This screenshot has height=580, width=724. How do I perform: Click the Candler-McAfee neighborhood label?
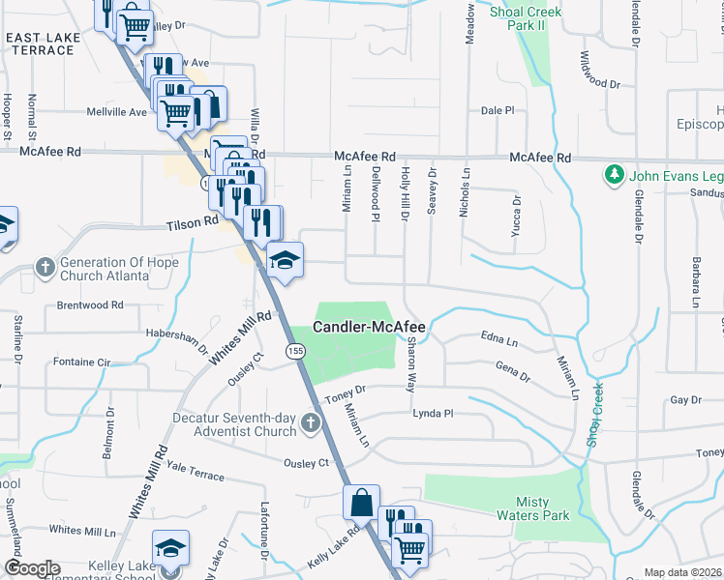[x=369, y=328]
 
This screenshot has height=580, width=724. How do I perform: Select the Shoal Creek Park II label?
[x=526, y=18]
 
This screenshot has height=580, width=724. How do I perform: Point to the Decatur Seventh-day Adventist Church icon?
[x=310, y=423]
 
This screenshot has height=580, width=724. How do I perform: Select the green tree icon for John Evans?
[x=613, y=175]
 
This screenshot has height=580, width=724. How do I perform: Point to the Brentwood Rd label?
[x=90, y=304]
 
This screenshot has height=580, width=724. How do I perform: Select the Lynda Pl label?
[x=433, y=413]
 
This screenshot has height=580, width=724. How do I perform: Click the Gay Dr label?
[x=684, y=400]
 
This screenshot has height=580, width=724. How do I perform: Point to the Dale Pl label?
[x=498, y=111]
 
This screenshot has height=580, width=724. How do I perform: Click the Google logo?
[x=31, y=568]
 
